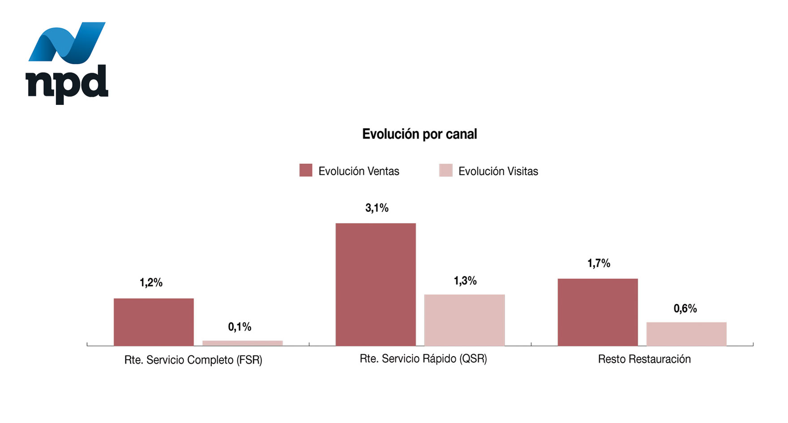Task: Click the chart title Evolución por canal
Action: pos(420,134)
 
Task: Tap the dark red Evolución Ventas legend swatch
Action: pos(306,170)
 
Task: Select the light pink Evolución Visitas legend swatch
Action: pos(445,170)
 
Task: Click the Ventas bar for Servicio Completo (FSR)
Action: pos(154,322)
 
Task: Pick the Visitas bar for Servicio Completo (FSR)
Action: pos(242,343)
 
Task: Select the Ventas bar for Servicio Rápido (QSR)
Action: pos(376,284)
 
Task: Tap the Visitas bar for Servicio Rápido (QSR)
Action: pos(464,320)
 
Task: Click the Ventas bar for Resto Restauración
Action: pos(598,312)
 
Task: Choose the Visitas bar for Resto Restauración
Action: pos(686,334)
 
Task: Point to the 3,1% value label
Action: pos(377,208)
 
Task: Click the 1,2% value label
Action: pos(151,283)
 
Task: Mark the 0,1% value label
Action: pos(240,327)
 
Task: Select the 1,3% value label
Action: pos(465,281)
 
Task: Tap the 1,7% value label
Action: pos(599,263)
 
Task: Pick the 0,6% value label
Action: pos(685,309)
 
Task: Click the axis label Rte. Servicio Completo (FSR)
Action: pos(193,360)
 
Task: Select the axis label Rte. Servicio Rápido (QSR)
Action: pos(423,359)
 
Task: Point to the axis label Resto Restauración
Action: pos(644,359)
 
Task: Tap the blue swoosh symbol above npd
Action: pos(67,42)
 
